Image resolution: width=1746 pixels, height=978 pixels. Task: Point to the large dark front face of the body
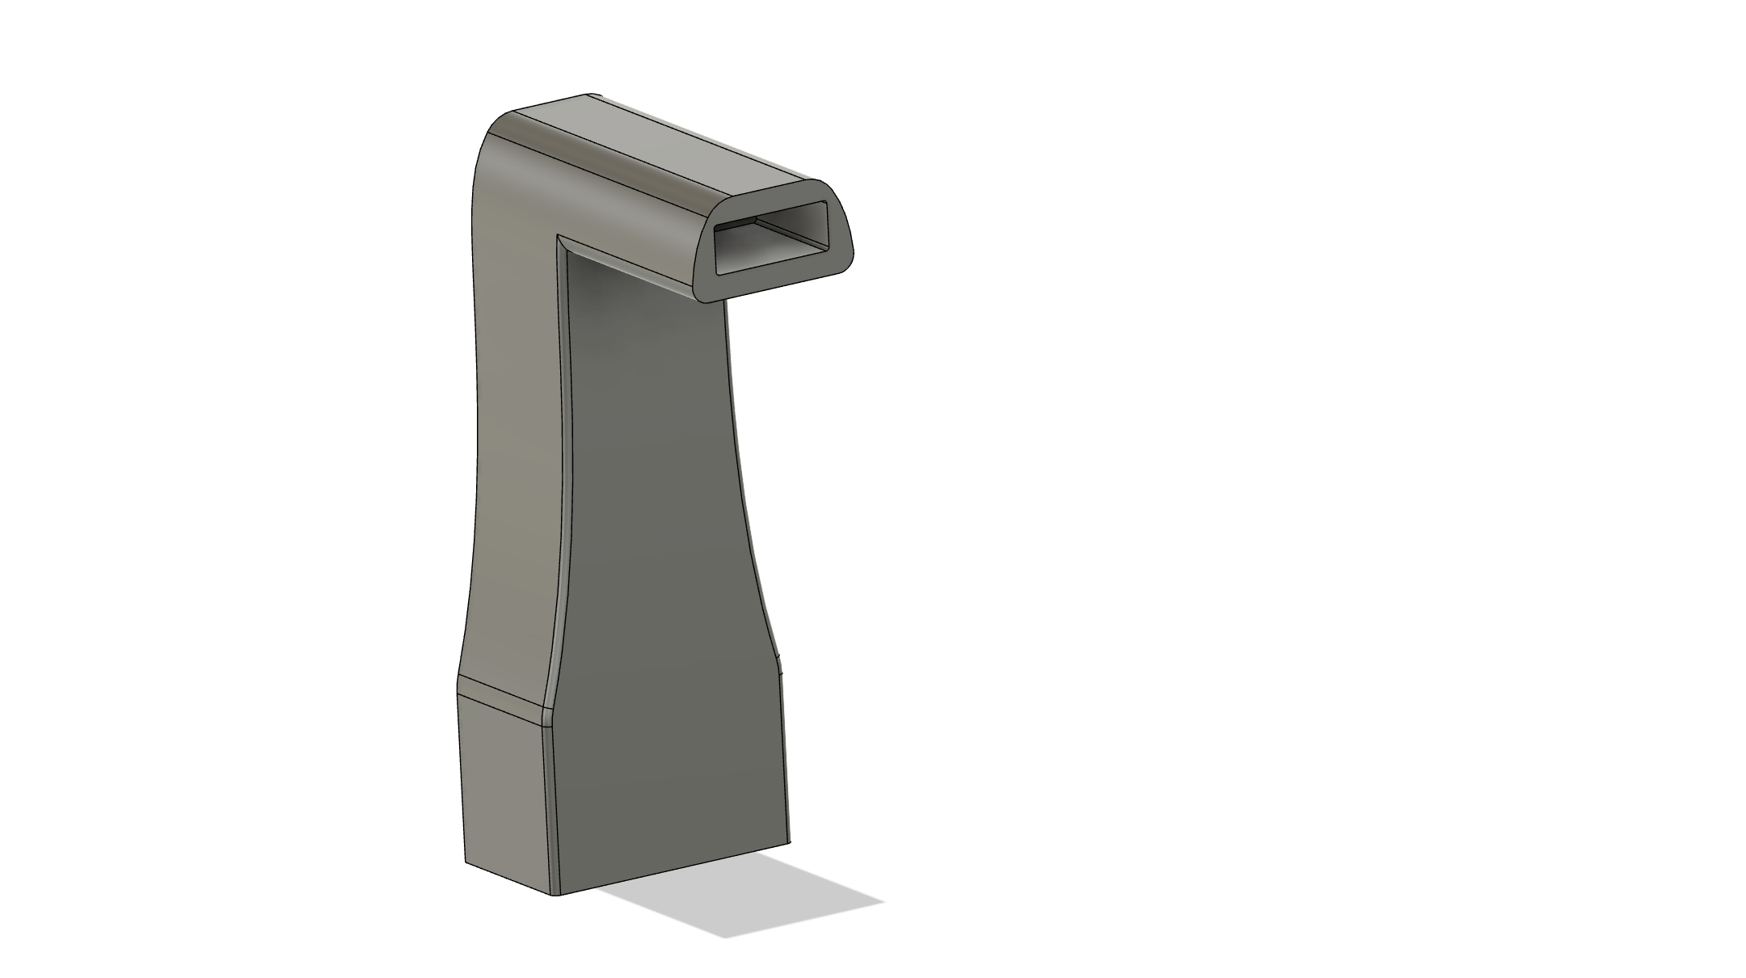(663, 566)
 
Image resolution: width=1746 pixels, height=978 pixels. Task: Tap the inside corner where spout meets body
(559, 238)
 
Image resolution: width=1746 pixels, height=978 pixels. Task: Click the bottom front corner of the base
(555, 894)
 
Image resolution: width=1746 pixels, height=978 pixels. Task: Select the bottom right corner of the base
(790, 839)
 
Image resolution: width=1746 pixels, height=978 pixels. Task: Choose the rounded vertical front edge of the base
(550, 808)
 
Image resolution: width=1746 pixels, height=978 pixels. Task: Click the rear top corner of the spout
(594, 95)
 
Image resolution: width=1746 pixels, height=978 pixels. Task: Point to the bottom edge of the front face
(671, 867)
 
